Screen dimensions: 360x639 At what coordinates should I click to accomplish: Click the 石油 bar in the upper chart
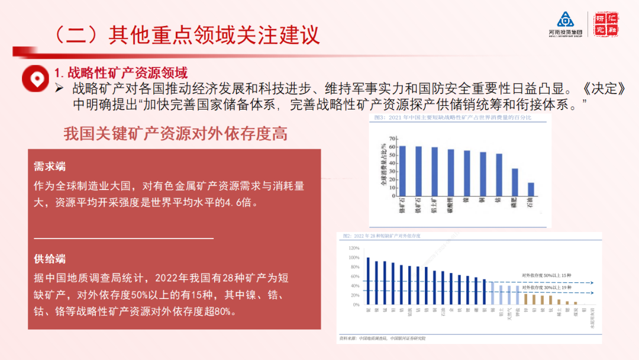531,189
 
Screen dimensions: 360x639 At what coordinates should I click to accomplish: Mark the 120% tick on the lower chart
354,248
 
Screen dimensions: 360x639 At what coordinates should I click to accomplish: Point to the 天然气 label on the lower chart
509,314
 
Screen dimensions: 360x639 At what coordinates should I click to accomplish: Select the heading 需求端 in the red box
50,167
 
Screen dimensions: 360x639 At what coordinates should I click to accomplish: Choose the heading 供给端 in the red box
50,259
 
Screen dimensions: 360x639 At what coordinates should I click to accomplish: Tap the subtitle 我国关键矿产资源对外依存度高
175,134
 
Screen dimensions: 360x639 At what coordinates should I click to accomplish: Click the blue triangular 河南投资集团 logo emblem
561,20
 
